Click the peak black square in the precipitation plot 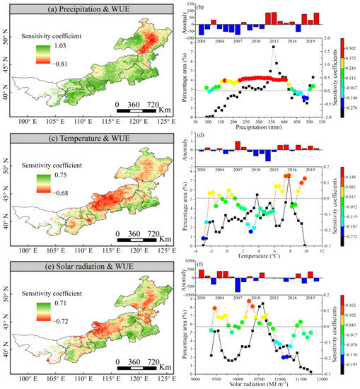[x=272, y=47]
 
